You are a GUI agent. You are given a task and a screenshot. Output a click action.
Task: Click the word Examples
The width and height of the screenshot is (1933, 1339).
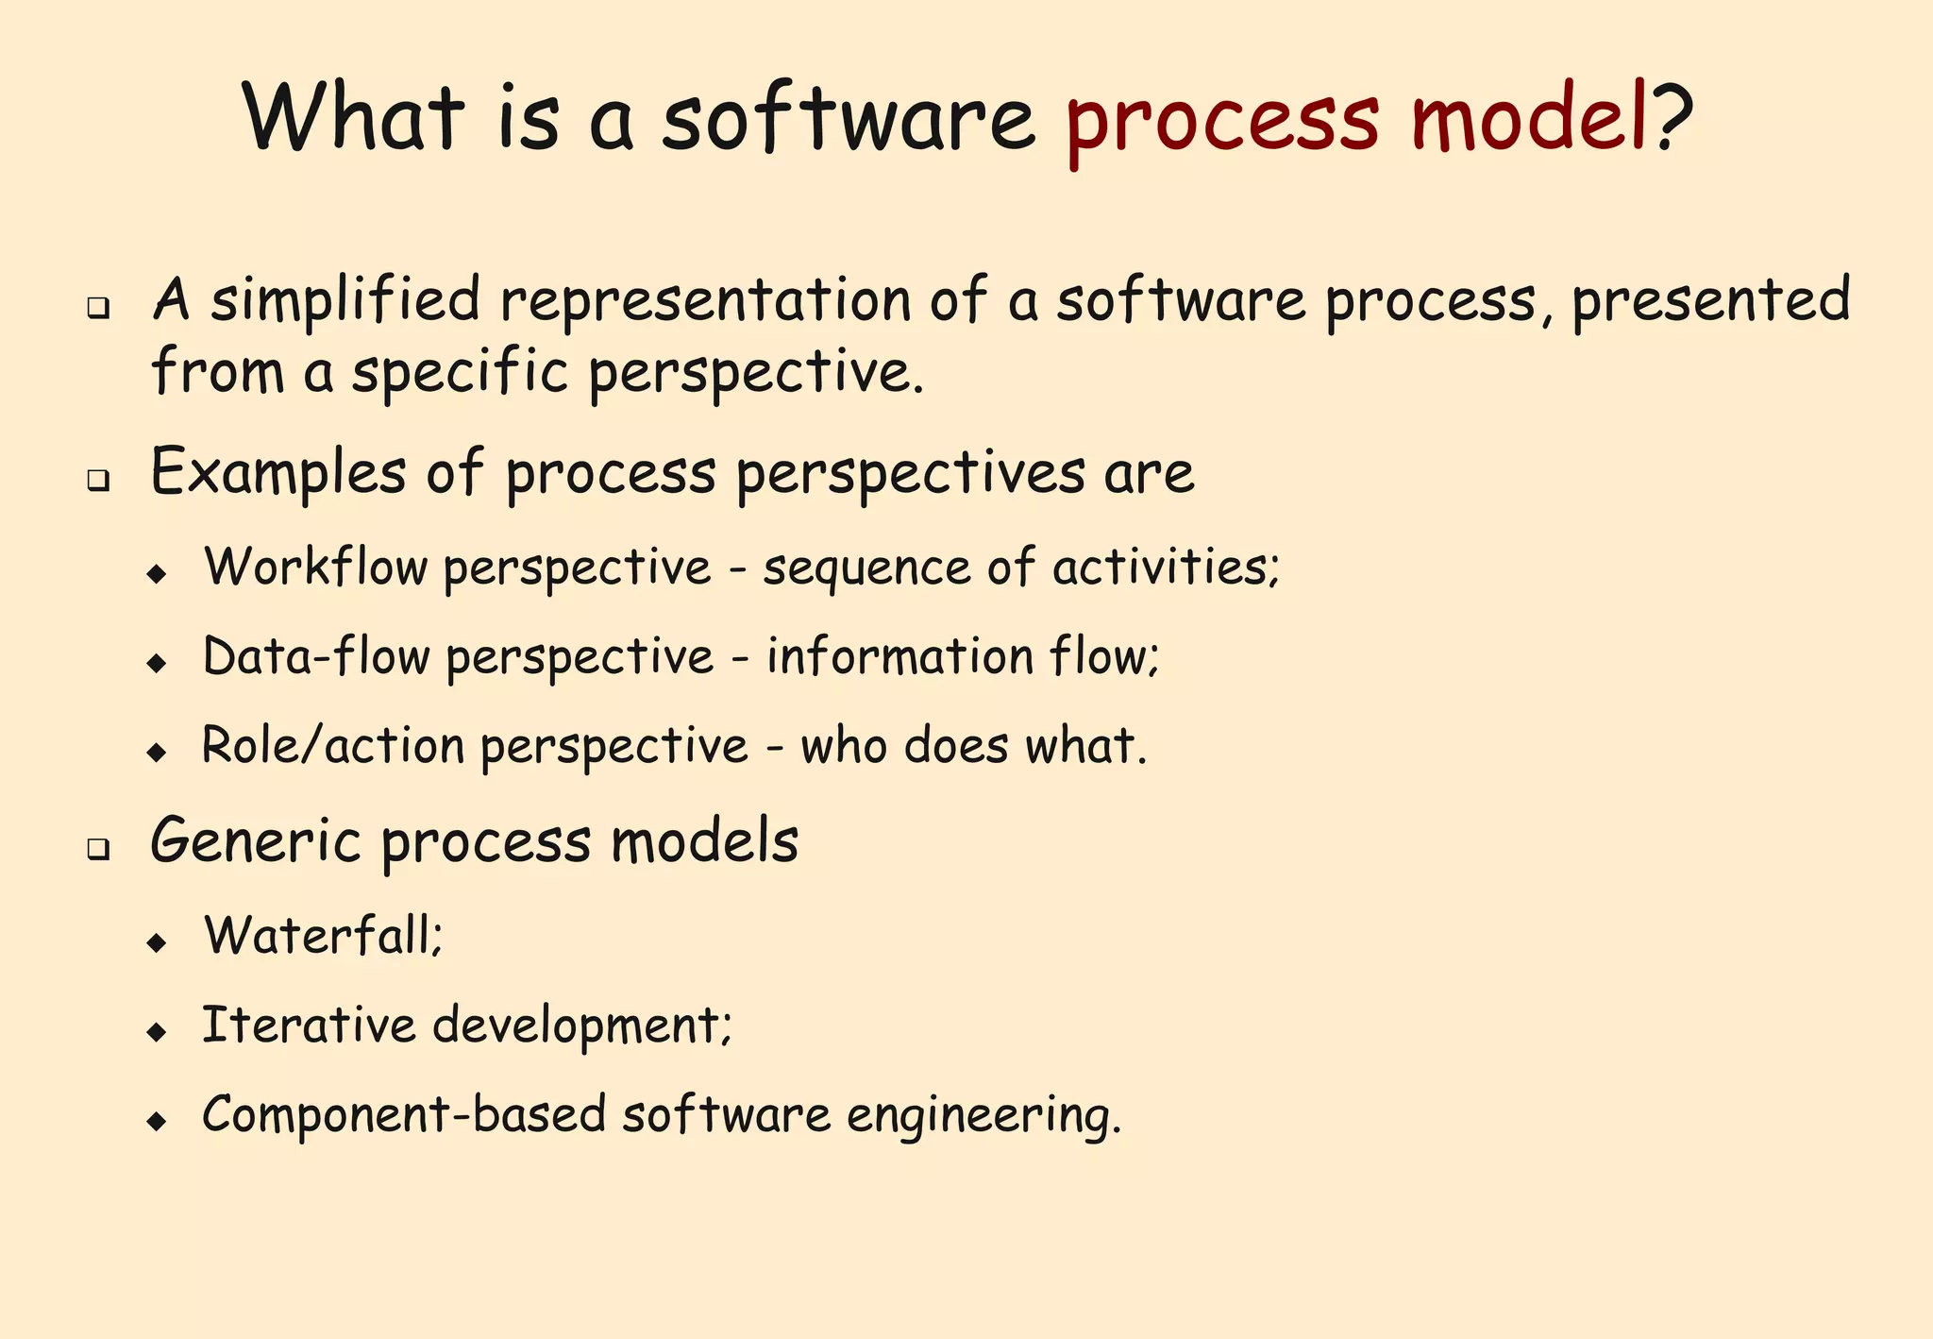[278, 473]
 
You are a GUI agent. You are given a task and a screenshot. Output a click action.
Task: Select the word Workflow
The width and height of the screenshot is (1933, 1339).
[316, 568]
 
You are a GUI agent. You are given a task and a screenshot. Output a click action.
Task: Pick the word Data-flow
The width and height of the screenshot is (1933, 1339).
[316, 657]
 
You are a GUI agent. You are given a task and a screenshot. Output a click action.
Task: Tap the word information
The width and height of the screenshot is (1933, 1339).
[899, 656]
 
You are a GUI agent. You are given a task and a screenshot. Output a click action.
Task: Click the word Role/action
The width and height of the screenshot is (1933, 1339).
[333, 746]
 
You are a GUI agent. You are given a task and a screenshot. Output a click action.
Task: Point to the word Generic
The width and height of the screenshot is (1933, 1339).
[255, 840]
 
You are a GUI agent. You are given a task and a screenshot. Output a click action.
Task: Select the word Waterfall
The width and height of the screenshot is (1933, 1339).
[320, 936]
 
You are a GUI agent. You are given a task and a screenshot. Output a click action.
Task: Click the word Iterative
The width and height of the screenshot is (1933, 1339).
[309, 1025]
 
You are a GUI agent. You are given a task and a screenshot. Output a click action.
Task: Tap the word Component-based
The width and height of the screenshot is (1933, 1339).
[403, 1114]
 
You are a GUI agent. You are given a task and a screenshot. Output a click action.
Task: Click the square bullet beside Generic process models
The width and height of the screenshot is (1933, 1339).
[97, 849]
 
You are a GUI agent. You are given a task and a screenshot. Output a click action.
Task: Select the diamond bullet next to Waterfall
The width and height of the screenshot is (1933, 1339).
[157, 942]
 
